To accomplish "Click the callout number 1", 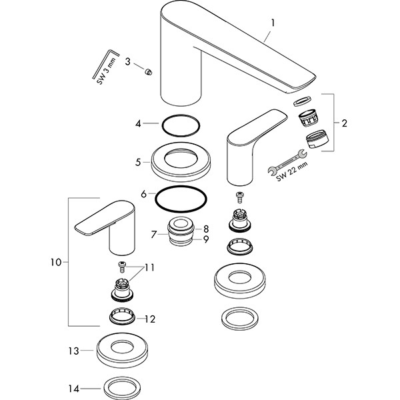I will pyautogui.click(x=272, y=23).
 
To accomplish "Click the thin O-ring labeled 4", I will pyautogui.click(x=180, y=124).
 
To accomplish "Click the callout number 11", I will pyautogui.click(x=149, y=267).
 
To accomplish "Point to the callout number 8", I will pyautogui.click(x=207, y=228).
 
